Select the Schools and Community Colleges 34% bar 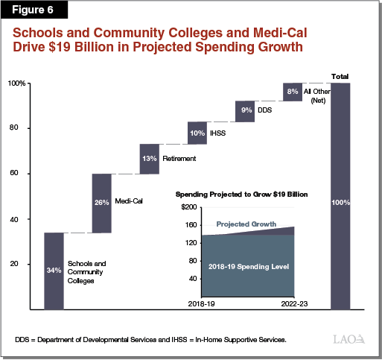(x=54, y=271)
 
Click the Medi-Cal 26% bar (x=102, y=203)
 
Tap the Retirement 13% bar (x=150, y=159)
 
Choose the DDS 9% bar (x=245, y=111)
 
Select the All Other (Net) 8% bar (x=293, y=92)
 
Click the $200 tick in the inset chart (x=191, y=206)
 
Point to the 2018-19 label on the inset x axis (x=202, y=305)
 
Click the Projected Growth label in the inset (x=246, y=224)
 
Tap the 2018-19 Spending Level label (x=248, y=266)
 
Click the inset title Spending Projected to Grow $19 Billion (x=243, y=194)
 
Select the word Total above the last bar (x=340, y=76)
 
